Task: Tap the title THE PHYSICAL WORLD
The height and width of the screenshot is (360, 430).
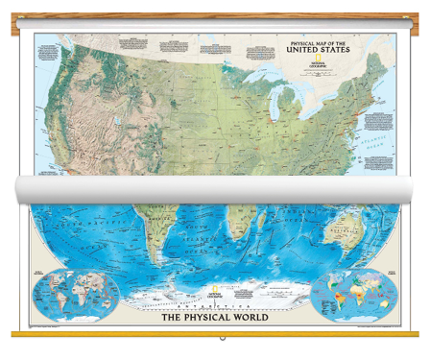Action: [x=214, y=310]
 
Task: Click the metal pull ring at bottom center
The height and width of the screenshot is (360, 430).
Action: [x=216, y=341]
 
